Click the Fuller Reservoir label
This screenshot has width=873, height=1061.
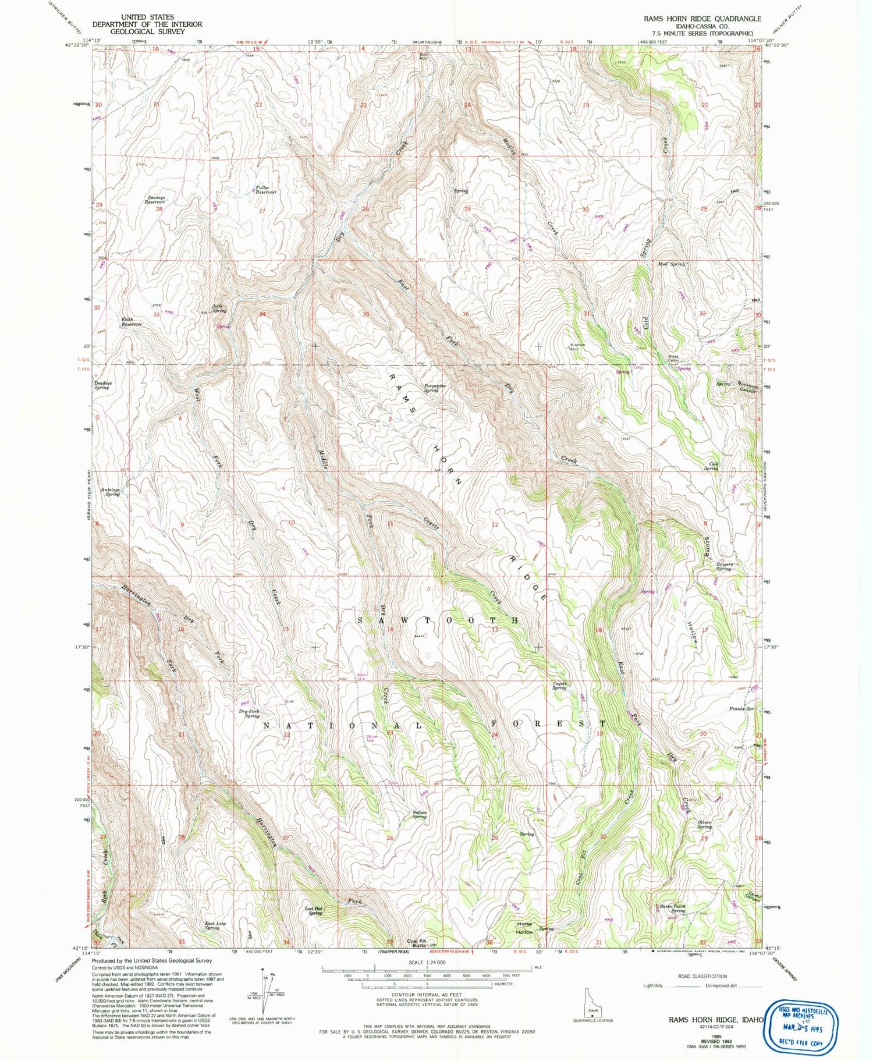tap(266, 189)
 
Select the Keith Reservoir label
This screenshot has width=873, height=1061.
tap(131, 321)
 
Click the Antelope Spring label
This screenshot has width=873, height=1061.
tap(110, 492)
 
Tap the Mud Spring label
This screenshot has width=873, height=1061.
tap(671, 264)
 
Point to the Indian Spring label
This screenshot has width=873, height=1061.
tap(420, 814)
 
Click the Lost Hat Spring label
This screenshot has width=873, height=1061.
tap(314, 910)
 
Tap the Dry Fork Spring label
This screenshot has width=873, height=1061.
tap(249, 714)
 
